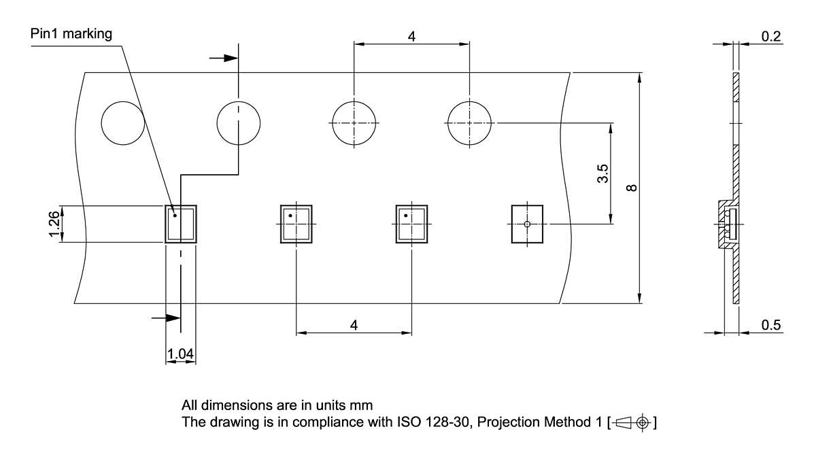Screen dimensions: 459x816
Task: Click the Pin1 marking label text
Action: coord(71,33)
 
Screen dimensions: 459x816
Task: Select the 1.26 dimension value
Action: coord(55,224)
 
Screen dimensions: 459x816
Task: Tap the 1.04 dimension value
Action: coord(180,353)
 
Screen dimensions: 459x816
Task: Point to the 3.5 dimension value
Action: coord(602,173)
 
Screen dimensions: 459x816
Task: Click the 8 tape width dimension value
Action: coord(632,187)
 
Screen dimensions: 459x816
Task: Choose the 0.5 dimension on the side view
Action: coord(771,325)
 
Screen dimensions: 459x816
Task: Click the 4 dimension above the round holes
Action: coord(411,37)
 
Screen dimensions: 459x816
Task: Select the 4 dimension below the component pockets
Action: coord(354,325)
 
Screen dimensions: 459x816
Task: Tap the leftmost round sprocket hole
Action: coord(123,123)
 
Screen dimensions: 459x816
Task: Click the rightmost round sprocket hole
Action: coord(469,123)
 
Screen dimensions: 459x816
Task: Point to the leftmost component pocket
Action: coord(181,224)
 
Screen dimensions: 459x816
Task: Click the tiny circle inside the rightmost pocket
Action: coord(527,224)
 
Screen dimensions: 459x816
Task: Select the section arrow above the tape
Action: coord(222,58)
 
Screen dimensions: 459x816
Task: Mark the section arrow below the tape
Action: coord(165,318)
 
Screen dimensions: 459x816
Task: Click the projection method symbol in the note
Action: coord(634,423)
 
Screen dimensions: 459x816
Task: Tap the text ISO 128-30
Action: coord(428,422)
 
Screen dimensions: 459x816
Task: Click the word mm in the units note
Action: coord(364,407)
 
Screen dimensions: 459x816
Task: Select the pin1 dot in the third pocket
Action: coord(406,216)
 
